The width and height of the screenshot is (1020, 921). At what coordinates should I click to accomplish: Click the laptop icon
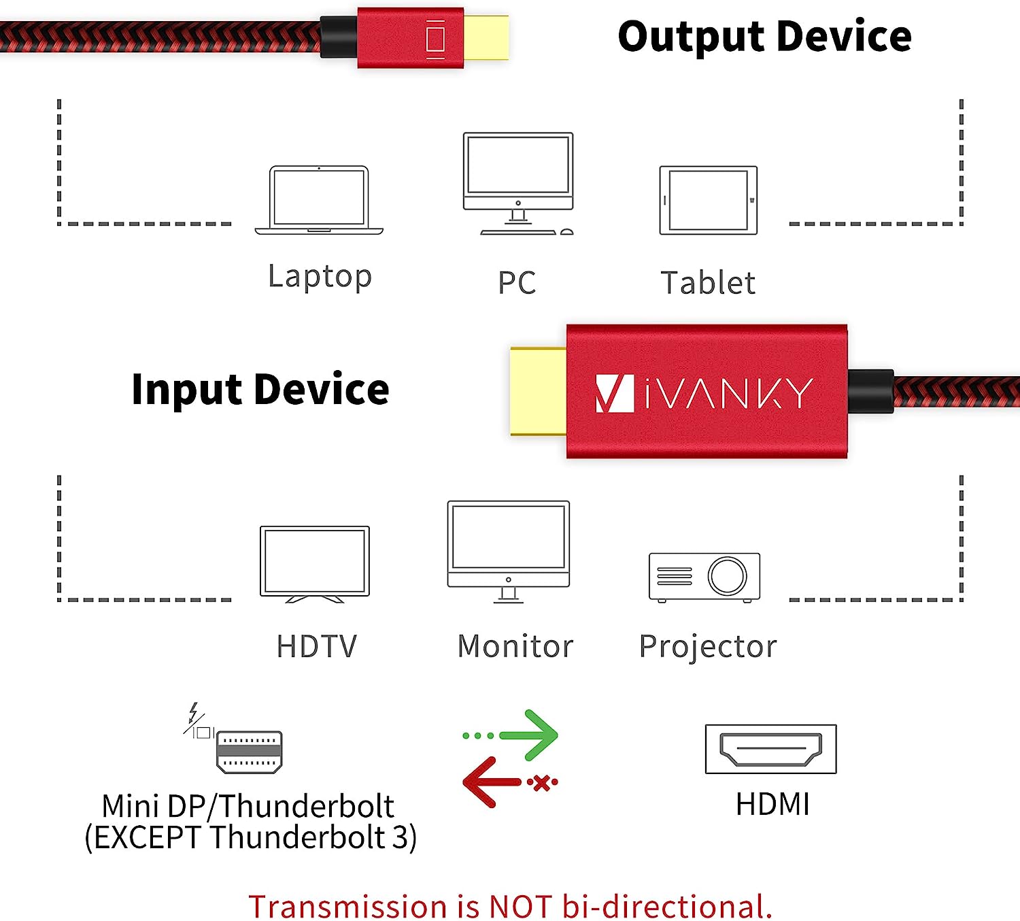[x=319, y=200]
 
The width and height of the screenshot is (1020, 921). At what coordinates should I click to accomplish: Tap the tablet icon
[x=709, y=200]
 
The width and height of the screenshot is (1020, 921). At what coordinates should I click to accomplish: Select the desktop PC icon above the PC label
[x=518, y=183]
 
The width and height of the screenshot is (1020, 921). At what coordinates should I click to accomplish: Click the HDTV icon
[x=315, y=564]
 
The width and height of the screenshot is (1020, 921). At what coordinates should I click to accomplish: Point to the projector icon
[x=704, y=577]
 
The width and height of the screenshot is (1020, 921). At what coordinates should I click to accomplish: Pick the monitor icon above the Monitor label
[x=509, y=552]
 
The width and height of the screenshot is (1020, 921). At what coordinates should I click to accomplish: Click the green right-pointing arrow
[x=511, y=735]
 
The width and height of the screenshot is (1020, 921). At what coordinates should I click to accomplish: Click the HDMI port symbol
[x=771, y=749]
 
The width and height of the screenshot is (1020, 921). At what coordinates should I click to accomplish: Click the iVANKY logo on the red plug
[x=704, y=393]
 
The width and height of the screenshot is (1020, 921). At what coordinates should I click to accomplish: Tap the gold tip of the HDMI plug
[x=539, y=391]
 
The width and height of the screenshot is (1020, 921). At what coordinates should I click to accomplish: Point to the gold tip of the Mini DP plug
[x=486, y=37]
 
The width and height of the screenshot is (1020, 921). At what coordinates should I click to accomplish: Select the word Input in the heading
[x=186, y=389]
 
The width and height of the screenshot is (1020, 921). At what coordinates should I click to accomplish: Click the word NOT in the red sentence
[x=520, y=906]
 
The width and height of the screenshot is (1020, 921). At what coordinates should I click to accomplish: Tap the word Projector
[x=708, y=648]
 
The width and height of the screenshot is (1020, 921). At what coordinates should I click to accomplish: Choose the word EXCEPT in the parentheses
[x=148, y=837]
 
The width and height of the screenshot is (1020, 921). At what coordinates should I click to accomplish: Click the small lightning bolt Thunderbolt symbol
[x=193, y=712]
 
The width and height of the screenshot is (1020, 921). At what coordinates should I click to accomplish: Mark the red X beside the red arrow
[x=542, y=783]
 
